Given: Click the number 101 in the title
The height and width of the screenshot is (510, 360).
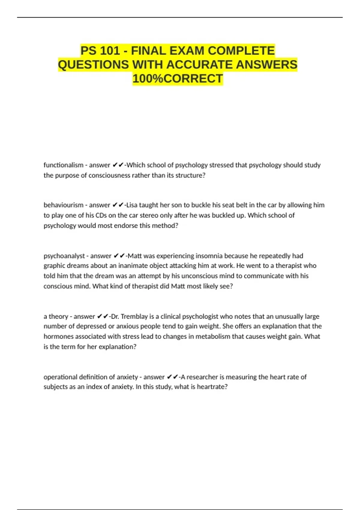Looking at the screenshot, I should [110, 51].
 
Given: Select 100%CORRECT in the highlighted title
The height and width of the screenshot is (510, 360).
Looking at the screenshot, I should [178, 79].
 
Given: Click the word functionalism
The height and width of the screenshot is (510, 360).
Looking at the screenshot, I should [63, 165].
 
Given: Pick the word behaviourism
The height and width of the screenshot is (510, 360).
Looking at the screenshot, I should [63, 205].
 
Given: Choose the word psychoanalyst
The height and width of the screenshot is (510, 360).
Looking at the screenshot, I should [64, 256].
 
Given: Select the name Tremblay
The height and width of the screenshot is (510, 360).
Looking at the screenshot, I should [134, 316].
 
